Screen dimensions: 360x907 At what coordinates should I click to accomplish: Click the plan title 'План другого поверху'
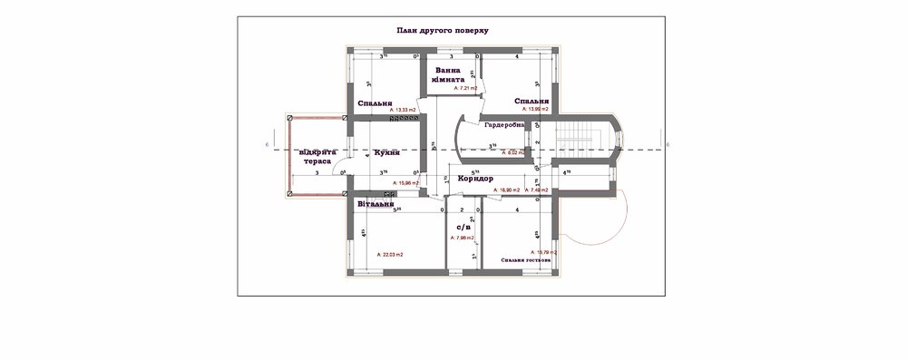coord(443,30)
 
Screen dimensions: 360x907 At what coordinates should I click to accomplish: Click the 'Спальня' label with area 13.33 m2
coord(375,102)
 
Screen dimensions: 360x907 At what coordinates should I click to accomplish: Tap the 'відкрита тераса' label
coord(317,155)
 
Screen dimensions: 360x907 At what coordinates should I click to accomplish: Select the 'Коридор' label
coord(475,179)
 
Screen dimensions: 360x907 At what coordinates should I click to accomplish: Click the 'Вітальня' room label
coord(375,204)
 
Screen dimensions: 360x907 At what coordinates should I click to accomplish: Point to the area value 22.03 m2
coord(390,256)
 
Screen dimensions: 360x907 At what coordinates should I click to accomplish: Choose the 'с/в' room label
coord(463,226)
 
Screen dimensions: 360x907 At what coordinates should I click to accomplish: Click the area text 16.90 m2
coord(506,190)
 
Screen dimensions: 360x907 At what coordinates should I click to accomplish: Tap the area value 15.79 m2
coord(543,251)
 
